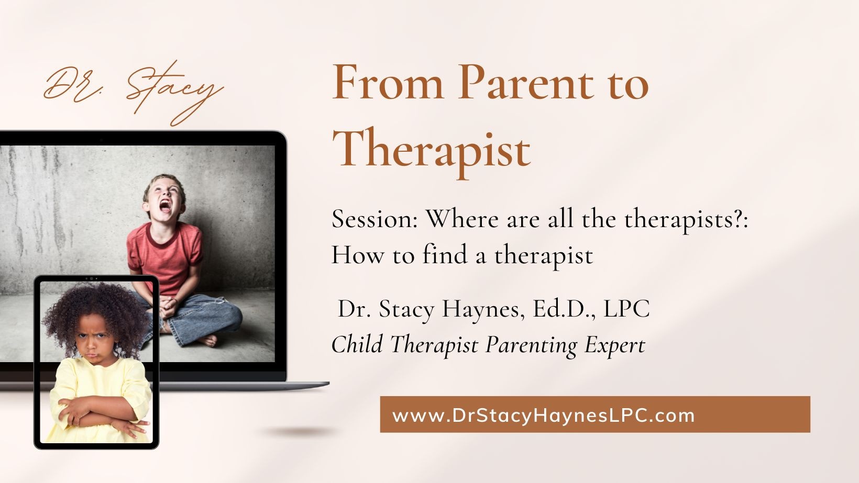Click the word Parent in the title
click(526, 82)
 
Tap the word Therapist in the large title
click(432, 150)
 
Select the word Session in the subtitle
click(375, 219)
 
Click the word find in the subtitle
click(445, 254)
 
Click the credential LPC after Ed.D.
click(626, 308)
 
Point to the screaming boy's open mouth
click(166, 206)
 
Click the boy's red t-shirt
click(165, 256)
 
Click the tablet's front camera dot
click(91, 278)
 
